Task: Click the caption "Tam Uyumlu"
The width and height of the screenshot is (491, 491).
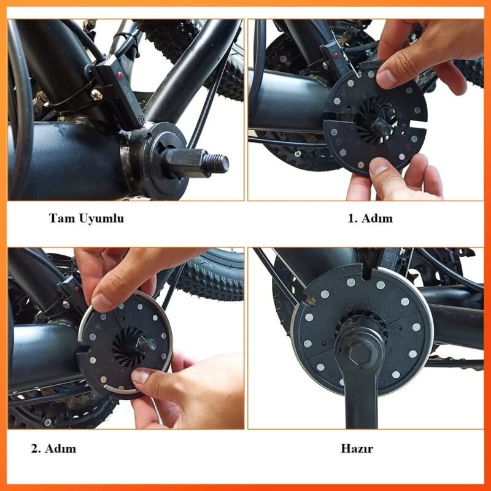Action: click(x=87, y=218)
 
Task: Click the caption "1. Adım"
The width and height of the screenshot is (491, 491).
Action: click(x=370, y=218)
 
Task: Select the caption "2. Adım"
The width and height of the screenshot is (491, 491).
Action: click(x=53, y=449)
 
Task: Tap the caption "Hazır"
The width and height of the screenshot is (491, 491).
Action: click(x=357, y=449)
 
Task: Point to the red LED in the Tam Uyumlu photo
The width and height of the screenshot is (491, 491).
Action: click(x=120, y=75)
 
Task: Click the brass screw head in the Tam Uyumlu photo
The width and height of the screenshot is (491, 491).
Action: click(x=96, y=95)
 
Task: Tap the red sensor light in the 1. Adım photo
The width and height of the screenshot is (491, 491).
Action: click(x=336, y=56)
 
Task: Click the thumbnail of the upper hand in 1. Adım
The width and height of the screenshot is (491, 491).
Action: click(x=387, y=79)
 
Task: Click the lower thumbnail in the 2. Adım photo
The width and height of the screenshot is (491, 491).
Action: click(x=141, y=376)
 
